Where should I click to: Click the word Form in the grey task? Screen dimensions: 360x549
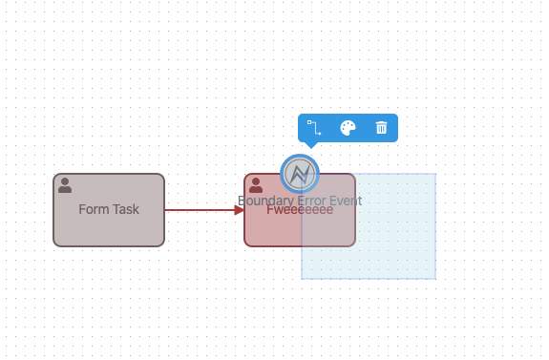pyautogui.click(x=92, y=210)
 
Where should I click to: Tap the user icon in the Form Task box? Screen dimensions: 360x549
pyautogui.click(x=65, y=184)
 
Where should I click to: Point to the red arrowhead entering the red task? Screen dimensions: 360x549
pyautogui.click(x=240, y=210)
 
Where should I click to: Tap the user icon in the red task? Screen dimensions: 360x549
pyautogui.click(x=256, y=184)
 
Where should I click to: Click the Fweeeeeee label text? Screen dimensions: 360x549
pyautogui.click(x=300, y=211)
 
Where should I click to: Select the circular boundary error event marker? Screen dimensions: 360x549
pyautogui.click(x=300, y=174)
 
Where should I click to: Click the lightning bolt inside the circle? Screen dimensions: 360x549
pyautogui.click(x=300, y=174)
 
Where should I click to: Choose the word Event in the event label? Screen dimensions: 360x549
pyautogui.click(x=344, y=201)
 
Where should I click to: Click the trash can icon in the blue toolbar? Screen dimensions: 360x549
pyautogui.click(x=381, y=128)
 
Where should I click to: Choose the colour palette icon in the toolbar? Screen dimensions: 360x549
pyautogui.click(x=348, y=128)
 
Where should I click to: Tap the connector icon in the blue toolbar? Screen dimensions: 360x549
pyautogui.click(x=314, y=128)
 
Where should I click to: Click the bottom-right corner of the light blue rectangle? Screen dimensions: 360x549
pyautogui.click(x=435, y=279)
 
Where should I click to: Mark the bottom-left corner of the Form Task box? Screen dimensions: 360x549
pyautogui.click(x=54, y=245)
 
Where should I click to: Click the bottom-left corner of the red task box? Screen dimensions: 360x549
pyautogui.click(x=245, y=245)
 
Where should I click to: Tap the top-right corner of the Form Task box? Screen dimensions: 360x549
pyautogui.click(x=163, y=175)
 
